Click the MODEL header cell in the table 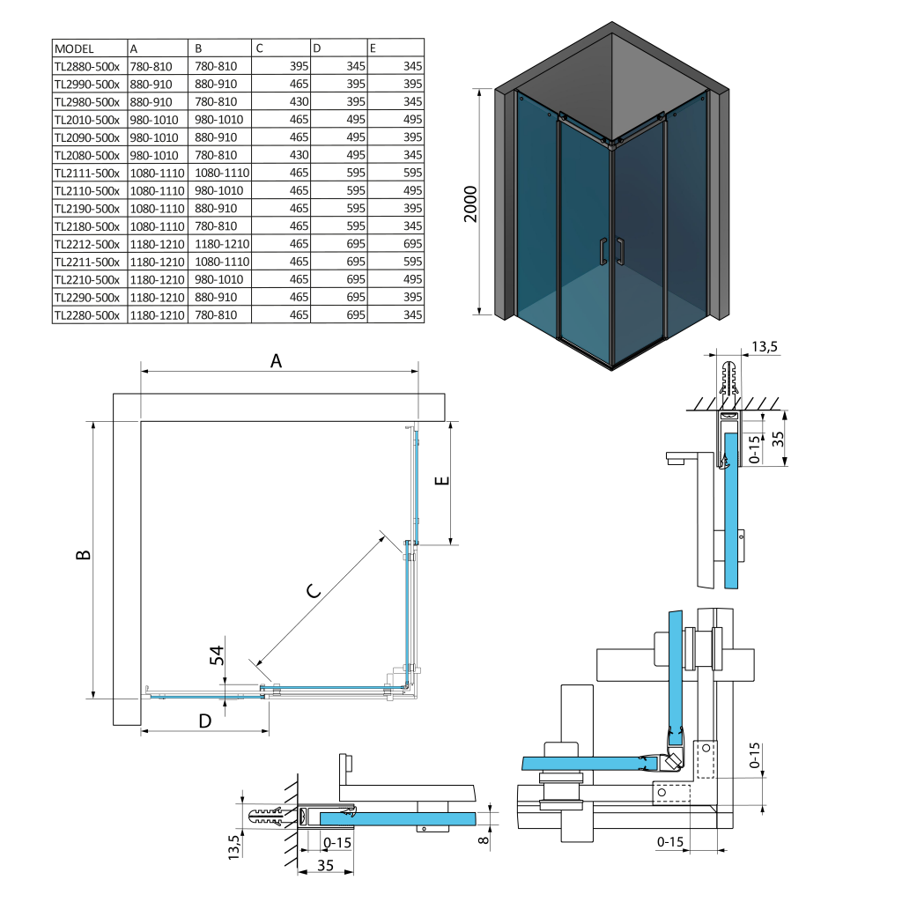tap(74, 48)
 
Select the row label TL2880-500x tap(86, 66)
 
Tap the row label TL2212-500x tap(86, 244)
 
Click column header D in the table tap(318, 48)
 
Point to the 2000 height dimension tap(470, 203)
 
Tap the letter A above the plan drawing tap(276, 361)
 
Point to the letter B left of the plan tap(83, 555)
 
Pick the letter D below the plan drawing tap(204, 721)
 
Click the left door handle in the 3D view tap(603, 252)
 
